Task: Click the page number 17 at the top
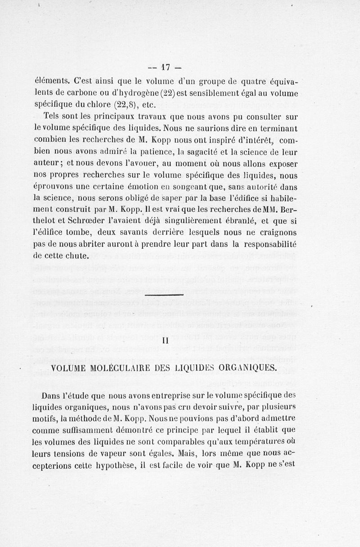pyautogui.click(x=164, y=68)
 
